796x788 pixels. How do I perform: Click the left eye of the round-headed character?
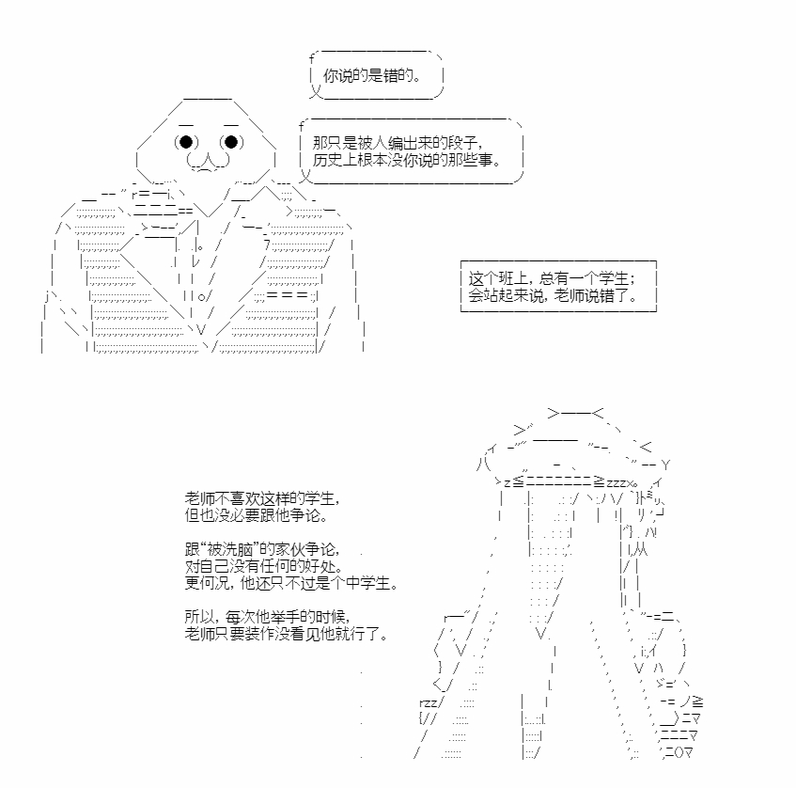tap(186, 142)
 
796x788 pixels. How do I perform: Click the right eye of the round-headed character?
tap(231, 142)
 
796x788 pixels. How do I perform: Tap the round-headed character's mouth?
tap(208, 162)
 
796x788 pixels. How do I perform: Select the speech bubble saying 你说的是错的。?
tap(376, 75)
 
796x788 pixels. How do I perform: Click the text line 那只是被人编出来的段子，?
tap(398, 142)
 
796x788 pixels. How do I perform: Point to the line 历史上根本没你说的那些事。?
tap(407, 160)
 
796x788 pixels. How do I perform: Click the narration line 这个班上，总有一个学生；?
tap(552, 278)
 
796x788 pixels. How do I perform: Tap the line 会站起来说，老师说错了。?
tap(553, 295)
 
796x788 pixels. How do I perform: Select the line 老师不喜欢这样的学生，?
tap(262, 497)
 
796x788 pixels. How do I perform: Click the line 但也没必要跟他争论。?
tap(256, 515)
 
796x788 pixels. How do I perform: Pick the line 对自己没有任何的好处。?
tap(264, 566)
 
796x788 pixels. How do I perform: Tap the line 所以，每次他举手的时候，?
tap(268, 617)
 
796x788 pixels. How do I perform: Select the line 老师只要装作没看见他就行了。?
tap(287, 634)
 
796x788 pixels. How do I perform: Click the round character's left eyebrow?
tap(186, 125)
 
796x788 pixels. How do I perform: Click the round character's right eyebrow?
tap(231, 125)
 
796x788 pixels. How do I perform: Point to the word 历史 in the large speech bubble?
tap(327, 160)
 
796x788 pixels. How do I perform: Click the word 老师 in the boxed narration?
tap(570, 295)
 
